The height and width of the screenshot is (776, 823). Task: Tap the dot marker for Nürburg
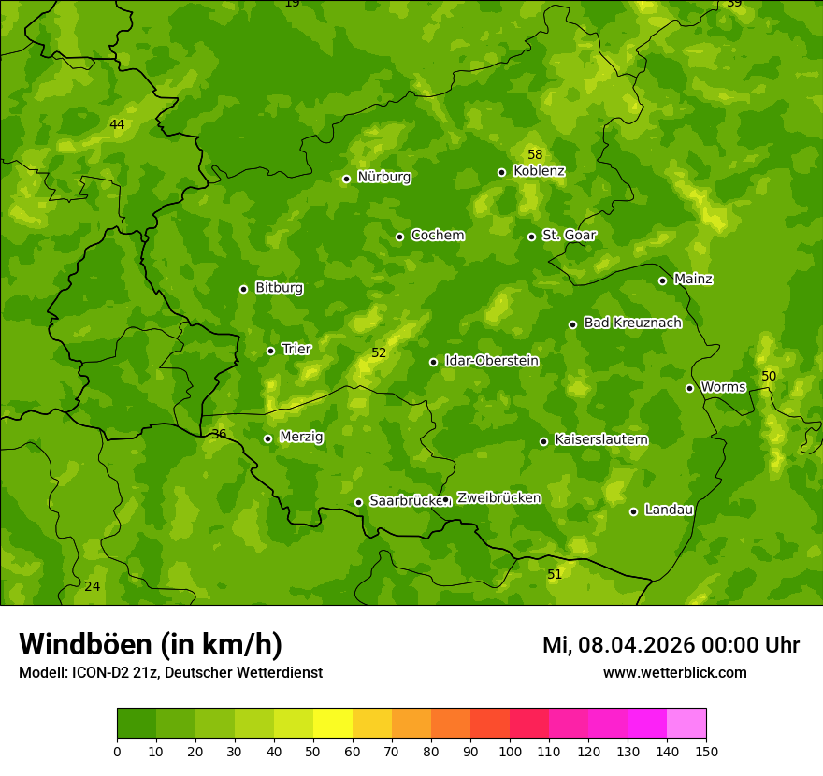[x=346, y=179]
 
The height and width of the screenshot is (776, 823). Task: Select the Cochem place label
[x=437, y=235]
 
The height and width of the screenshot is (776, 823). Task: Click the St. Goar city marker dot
[x=531, y=237]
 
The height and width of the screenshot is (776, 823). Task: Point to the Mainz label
[x=693, y=279]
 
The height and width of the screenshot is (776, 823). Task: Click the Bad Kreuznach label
[x=632, y=323]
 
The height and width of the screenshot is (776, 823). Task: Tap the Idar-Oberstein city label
[x=491, y=360]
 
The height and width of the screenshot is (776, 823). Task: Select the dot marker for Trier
[x=270, y=351]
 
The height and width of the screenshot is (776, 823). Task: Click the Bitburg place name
[x=279, y=287]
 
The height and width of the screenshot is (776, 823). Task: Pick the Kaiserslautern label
[x=600, y=439]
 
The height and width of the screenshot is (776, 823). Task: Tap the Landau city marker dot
[x=633, y=511]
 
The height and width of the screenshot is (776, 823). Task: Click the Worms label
[x=723, y=386]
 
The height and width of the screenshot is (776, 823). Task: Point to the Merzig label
[x=301, y=437]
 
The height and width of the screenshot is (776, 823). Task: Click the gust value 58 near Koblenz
[x=535, y=154]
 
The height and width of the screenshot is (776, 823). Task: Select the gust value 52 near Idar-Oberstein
[x=379, y=352]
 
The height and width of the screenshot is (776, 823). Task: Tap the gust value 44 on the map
[x=117, y=124]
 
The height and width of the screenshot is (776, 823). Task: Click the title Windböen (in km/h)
[x=151, y=644]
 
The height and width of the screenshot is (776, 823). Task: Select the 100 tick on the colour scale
[x=510, y=751]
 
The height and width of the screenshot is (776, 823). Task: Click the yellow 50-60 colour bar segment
[x=333, y=724]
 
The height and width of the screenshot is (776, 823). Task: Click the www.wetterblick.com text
[x=674, y=672]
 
